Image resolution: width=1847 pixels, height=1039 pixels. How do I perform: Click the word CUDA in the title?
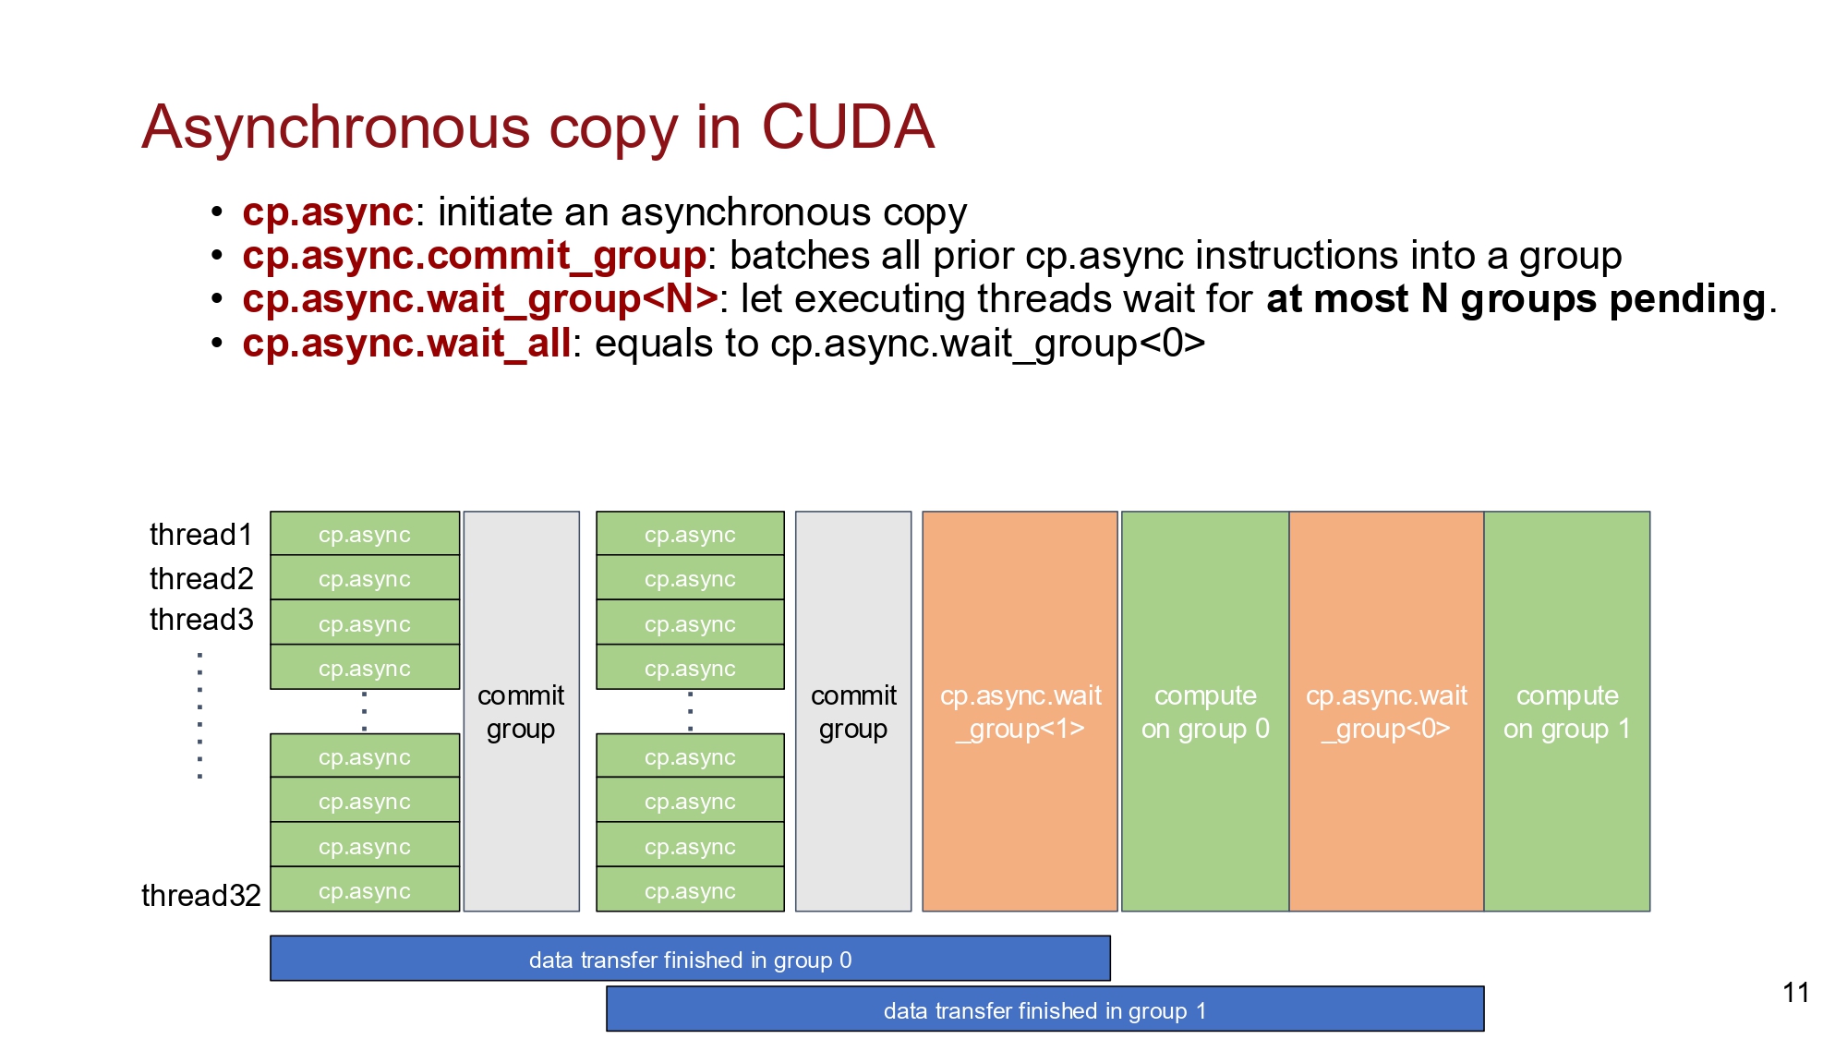[847, 127]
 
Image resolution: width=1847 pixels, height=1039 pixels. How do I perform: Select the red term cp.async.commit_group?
[475, 256]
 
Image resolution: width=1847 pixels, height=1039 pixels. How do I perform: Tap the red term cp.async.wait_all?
[407, 344]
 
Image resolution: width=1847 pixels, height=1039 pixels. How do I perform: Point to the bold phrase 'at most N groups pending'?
[1516, 299]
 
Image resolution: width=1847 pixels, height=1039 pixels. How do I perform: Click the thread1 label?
[201, 535]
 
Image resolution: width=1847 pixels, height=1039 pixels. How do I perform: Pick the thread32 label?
[201, 895]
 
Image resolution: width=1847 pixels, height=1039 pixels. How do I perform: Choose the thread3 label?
[201, 619]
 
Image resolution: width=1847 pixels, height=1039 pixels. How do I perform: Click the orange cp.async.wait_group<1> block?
[1020, 711]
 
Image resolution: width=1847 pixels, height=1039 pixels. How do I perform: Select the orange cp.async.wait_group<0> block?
[1386, 711]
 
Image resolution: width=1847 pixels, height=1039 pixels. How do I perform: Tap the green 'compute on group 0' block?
[1205, 711]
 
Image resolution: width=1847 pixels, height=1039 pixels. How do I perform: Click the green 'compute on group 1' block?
[1567, 711]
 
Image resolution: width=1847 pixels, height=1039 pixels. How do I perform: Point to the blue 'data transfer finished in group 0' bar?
[690, 959]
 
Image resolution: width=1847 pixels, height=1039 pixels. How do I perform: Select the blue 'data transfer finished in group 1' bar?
[1045, 1009]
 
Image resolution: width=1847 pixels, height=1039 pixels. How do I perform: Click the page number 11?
[1796, 993]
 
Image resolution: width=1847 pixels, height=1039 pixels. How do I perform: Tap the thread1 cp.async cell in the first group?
[365, 534]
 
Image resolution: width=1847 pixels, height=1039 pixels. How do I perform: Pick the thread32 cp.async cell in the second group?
[690, 889]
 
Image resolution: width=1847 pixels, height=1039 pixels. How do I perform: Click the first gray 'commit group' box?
[522, 711]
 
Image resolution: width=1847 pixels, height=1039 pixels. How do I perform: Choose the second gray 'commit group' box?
[853, 711]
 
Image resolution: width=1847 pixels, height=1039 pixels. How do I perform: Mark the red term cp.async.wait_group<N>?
[480, 299]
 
